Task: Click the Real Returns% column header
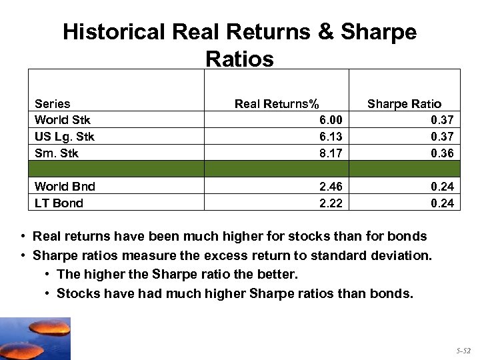(x=276, y=103)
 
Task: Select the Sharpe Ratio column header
(x=404, y=103)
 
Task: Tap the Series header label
(x=52, y=103)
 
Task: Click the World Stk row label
(x=62, y=120)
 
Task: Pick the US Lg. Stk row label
(x=64, y=137)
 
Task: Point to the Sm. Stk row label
(x=56, y=153)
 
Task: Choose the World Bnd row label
(x=65, y=187)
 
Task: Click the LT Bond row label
(x=59, y=203)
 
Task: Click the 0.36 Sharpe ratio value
(x=442, y=153)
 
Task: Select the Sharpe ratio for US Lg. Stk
(x=442, y=137)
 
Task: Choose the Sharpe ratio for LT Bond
(x=442, y=203)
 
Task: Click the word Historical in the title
(x=113, y=32)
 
